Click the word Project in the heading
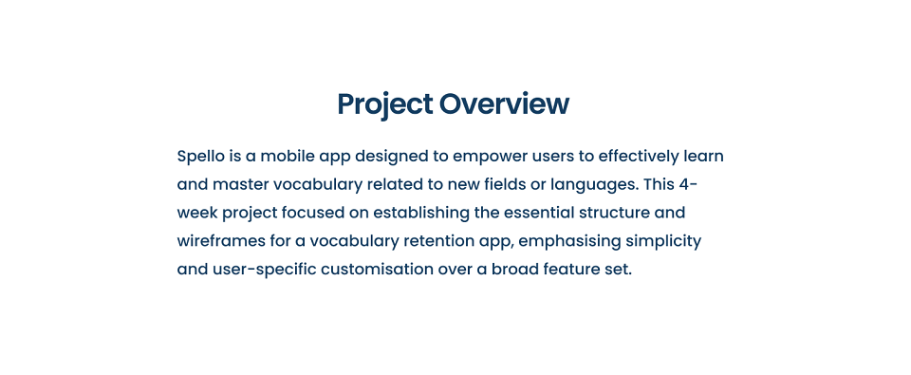pos(384,104)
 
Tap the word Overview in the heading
pos(504,104)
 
